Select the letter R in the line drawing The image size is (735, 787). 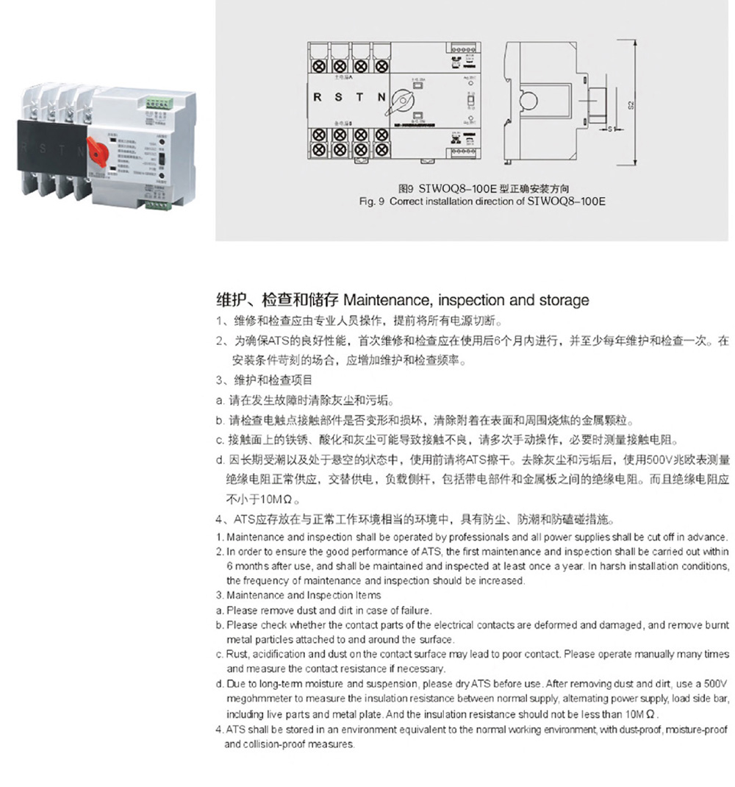click(318, 97)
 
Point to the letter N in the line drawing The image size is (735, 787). click(381, 97)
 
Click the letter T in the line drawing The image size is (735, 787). click(359, 97)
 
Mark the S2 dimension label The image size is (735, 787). click(631, 104)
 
